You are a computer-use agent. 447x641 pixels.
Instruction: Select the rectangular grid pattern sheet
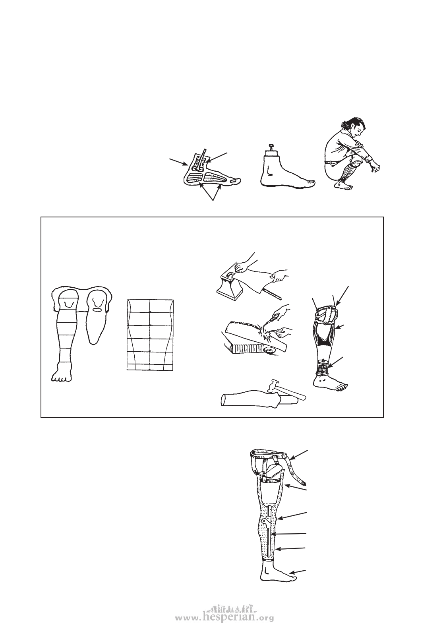point(150,335)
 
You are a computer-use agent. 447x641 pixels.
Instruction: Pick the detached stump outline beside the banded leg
point(98,316)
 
